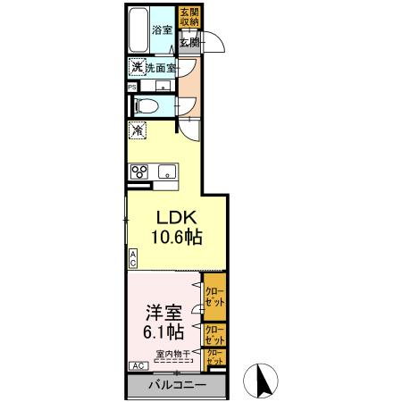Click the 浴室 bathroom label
[x=162, y=29]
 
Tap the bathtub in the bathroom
[x=138, y=30]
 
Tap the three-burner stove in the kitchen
[x=138, y=172]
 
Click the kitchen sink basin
[x=166, y=172]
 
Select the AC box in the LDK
[x=133, y=259]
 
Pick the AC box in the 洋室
[x=139, y=366]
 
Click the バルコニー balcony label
[x=176, y=385]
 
